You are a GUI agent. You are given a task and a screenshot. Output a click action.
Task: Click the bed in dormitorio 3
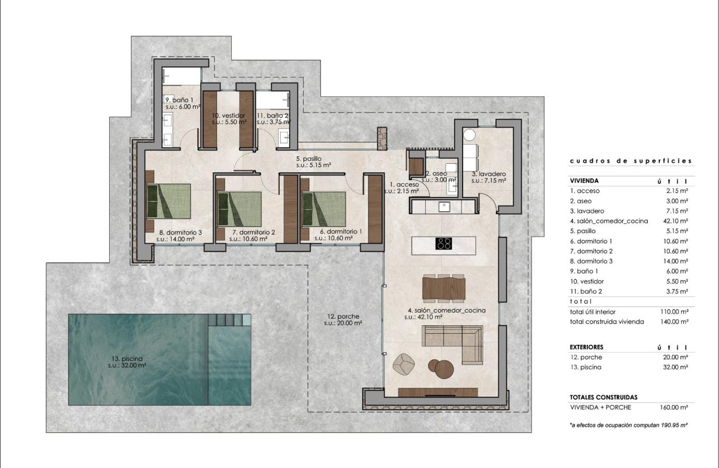[x=169, y=201]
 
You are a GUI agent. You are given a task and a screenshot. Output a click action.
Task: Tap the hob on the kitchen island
[x=444, y=243]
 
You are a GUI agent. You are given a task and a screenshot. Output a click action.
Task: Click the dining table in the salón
[x=444, y=289]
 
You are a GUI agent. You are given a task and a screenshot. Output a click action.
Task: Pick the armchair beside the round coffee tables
[x=405, y=364]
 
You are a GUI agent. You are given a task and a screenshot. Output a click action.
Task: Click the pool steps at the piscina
[x=229, y=320]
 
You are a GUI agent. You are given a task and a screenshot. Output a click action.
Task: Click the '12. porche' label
[x=344, y=319]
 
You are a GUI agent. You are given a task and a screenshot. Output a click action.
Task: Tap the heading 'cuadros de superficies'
[x=630, y=161]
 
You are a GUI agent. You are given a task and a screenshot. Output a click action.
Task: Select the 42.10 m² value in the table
[x=676, y=221]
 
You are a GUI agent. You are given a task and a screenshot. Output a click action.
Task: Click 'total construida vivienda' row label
[x=607, y=321]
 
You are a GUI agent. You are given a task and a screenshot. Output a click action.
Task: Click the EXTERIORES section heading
[x=586, y=347]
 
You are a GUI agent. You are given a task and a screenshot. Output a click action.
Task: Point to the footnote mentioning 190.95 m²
[x=628, y=425]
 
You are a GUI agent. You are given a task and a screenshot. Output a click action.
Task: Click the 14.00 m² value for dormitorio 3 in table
[x=676, y=261]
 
